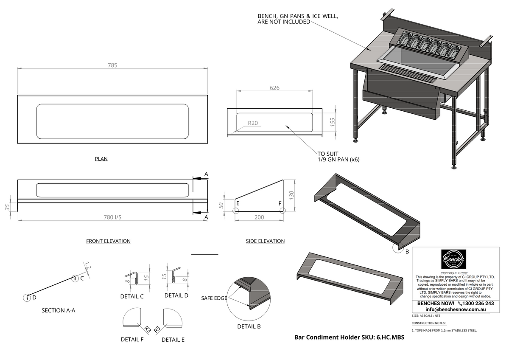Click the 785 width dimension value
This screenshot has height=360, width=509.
coord(112,65)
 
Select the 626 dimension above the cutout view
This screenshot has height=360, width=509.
coord(274,88)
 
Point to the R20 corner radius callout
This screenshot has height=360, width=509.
coord(253,124)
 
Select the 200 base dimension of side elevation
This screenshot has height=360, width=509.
coord(259,217)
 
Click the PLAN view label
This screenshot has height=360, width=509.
coord(101,159)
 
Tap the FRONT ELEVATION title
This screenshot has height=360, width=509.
coord(108,241)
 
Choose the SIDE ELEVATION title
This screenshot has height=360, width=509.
coord(265,241)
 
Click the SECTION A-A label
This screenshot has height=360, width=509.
coord(59,310)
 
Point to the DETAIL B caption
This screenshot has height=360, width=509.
coord(249,326)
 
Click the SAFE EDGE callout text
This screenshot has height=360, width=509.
coord(214,298)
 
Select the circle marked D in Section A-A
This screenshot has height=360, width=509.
coord(27,298)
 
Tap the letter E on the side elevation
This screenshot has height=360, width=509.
coord(238,203)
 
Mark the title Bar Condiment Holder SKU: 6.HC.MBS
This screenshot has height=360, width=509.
coord(349,337)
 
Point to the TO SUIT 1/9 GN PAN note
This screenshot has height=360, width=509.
coord(335,157)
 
